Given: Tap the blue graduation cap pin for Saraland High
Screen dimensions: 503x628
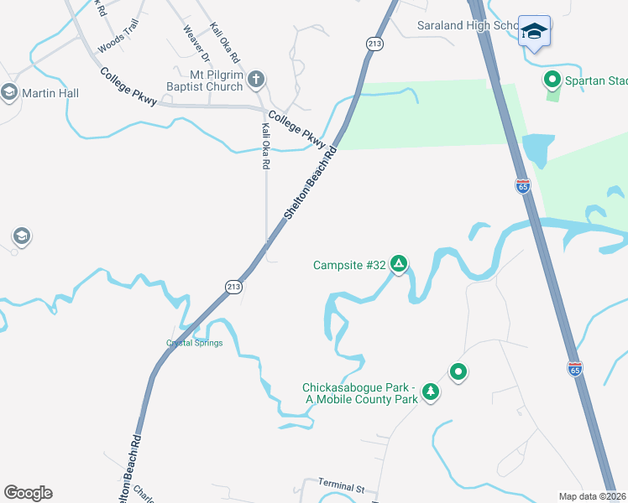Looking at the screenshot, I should pos(534,31).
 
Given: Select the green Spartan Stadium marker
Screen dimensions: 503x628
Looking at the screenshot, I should pos(552,80).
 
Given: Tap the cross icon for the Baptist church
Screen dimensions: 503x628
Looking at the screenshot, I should pos(257,80).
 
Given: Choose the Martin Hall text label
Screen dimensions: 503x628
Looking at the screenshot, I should pos(50,93).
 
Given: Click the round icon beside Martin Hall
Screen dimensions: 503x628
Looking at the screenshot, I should pos(10,92).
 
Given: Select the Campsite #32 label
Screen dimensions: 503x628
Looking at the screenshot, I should pos(349,266).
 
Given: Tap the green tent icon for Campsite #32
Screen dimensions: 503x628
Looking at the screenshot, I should pos(399,265).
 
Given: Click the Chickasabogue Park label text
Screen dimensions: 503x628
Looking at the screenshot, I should pos(360,393).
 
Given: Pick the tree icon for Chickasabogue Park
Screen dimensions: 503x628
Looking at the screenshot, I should pos(431,392).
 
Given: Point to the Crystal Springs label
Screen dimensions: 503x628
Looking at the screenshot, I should pos(194,343).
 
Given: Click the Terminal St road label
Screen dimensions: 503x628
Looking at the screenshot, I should pos(341,485).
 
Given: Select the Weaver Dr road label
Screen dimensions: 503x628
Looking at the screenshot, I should pos(196,43).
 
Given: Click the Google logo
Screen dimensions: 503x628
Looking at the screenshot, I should pos(28,493).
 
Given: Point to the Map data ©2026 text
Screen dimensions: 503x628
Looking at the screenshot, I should pos(592,496).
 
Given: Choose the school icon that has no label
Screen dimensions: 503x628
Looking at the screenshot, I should pos(21,236).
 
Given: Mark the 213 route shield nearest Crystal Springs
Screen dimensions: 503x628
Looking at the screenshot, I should pos(235,287).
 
